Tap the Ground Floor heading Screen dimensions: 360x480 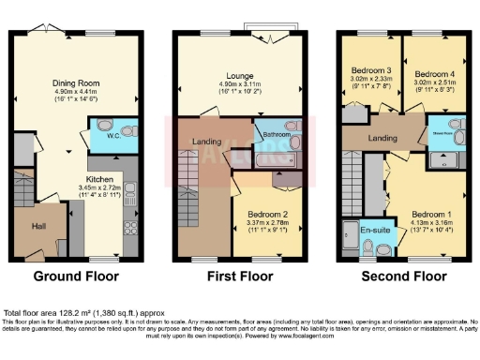pos(76,277)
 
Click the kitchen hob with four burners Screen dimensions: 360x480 pos(129,227)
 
